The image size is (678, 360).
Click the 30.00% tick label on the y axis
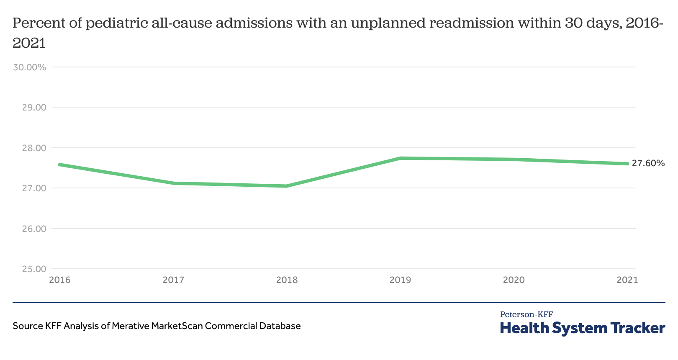click(x=29, y=67)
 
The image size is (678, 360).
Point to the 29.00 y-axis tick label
click(x=34, y=108)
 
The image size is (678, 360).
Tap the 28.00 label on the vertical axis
click(x=34, y=148)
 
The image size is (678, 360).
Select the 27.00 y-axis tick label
click(x=34, y=188)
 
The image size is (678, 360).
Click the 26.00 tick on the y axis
click(x=34, y=229)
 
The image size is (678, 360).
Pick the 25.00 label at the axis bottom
click(x=34, y=269)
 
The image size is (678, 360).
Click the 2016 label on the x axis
click(x=60, y=280)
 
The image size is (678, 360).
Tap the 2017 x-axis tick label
click(x=173, y=280)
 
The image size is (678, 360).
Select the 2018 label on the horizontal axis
click(x=287, y=280)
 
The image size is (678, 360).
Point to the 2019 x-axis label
click(x=401, y=280)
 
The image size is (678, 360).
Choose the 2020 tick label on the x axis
click(x=514, y=280)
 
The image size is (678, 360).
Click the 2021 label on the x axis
click(x=627, y=280)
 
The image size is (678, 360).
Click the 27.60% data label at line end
click(x=648, y=163)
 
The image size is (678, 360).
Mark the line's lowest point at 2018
click(x=287, y=186)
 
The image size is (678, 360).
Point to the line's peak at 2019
click(x=401, y=158)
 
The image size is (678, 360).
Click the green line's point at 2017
click(x=173, y=183)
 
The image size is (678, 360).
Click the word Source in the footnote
click(x=28, y=326)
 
